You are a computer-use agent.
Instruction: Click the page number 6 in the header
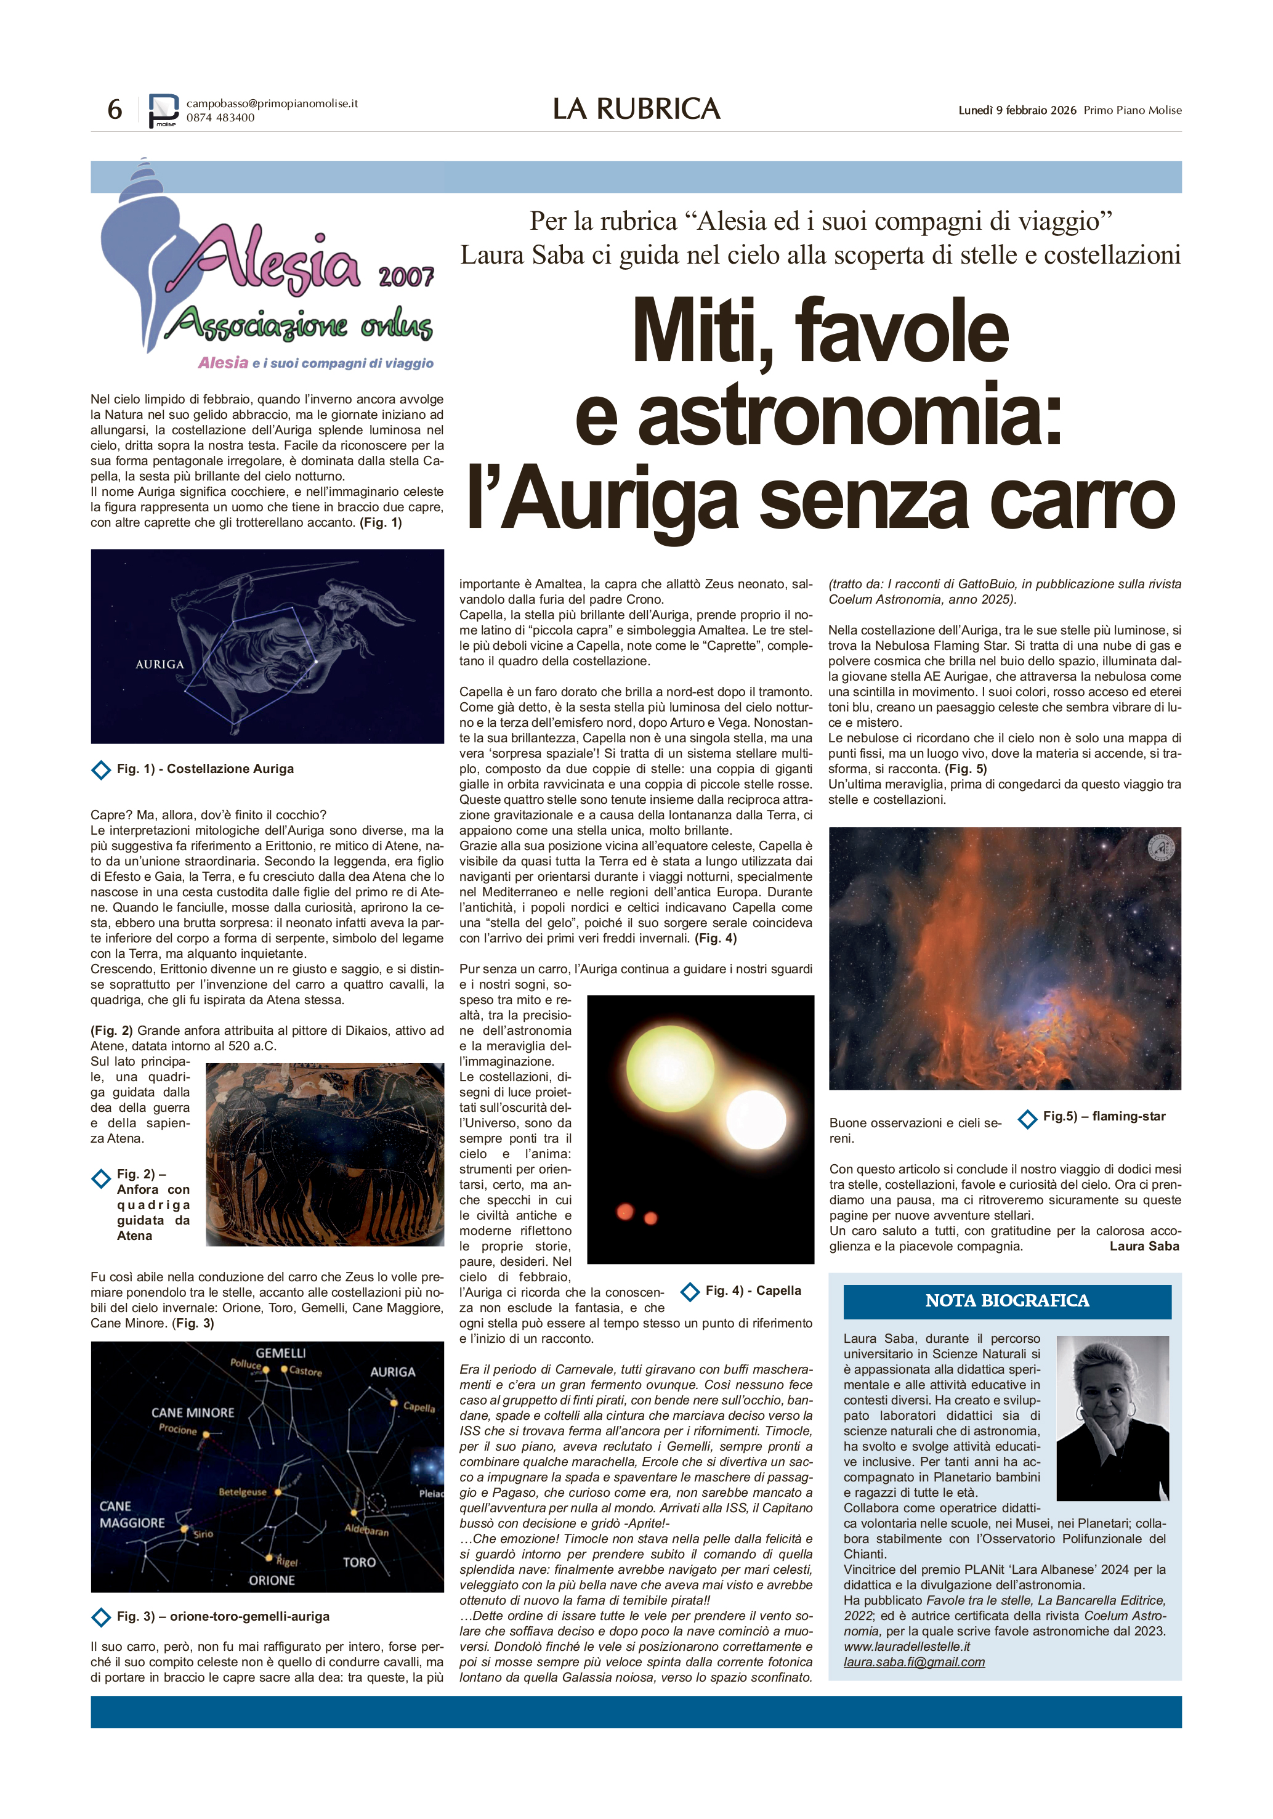115,109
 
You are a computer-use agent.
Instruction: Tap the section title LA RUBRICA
636,109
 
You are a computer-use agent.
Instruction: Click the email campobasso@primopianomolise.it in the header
272,103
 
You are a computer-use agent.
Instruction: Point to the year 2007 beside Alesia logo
406,277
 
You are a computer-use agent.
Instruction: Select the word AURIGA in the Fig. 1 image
160,664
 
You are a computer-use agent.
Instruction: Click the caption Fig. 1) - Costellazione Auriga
204,769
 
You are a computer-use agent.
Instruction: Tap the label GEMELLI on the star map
280,1353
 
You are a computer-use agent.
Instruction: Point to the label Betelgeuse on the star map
243,1491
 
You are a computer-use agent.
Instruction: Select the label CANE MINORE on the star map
193,1412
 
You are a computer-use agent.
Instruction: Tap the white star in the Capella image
755,1119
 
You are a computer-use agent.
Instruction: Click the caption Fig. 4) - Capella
753,1290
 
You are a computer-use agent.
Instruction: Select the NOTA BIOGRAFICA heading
1006,1300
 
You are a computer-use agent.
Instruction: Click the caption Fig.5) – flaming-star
1104,1116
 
